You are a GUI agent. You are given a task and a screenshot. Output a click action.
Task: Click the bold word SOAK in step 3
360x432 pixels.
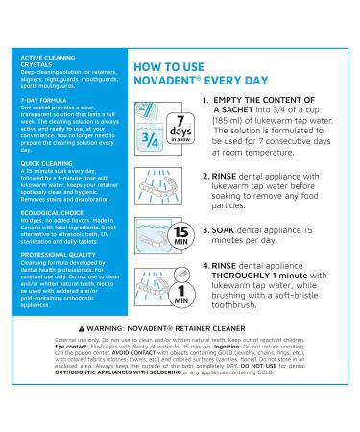[231, 229]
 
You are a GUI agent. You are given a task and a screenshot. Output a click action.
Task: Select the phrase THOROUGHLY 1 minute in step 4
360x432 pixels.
[255, 278]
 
